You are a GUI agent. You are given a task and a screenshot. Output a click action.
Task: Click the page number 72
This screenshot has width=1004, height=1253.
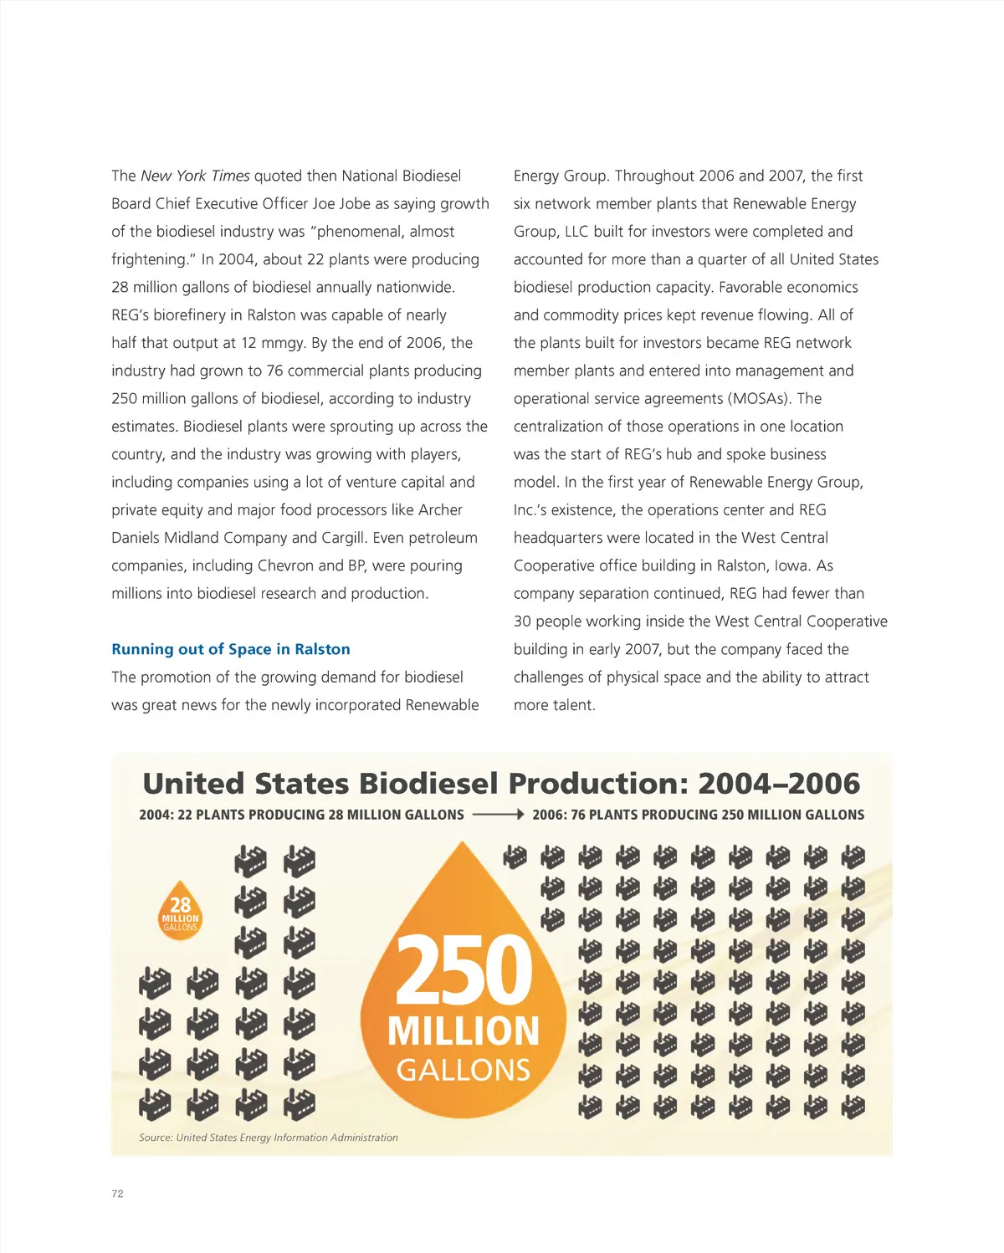click(117, 1194)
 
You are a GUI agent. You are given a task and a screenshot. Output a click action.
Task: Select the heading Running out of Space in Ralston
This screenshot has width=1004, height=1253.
click(231, 649)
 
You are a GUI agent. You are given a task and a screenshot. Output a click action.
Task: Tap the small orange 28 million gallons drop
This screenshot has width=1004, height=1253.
click(180, 911)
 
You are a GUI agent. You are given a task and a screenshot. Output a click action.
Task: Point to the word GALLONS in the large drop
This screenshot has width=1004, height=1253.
click(464, 1070)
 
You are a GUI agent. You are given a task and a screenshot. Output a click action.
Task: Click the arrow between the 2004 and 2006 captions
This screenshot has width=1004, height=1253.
click(498, 815)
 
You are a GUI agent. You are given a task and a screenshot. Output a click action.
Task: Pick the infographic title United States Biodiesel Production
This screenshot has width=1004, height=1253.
click(501, 784)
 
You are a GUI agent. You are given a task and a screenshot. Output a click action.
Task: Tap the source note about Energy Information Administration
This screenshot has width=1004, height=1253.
click(269, 1138)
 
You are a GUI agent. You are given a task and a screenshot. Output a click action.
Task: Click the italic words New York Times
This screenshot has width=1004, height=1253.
click(195, 176)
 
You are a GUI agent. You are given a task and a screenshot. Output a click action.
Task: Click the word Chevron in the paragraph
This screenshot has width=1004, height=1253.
click(286, 565)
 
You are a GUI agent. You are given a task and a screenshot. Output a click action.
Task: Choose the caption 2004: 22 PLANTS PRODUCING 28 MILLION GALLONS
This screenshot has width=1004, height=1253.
click(301, 815)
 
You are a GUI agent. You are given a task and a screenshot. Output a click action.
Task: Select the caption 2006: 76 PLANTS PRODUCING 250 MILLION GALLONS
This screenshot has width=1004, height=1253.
click(698, 815)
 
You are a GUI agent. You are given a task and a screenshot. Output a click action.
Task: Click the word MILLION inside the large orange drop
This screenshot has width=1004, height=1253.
click(464, 1031)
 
